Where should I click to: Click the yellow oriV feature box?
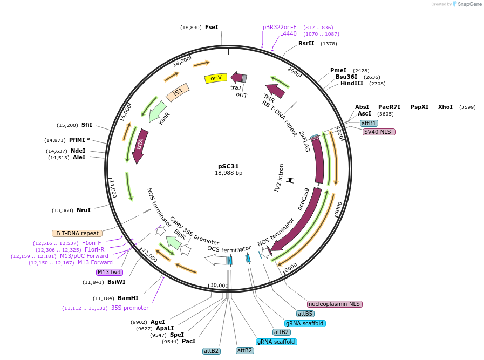[215, 78]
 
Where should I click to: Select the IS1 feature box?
[178, 92]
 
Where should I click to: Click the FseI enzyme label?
[212, 27]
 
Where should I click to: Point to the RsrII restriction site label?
[306, 43]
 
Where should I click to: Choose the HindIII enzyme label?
[352, 84]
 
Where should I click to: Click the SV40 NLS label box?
[379, 132]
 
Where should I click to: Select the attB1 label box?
[369, 124]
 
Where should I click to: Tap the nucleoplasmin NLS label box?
[335, 304]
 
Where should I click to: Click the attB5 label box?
[305, 314]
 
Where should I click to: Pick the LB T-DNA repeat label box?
[76, 233]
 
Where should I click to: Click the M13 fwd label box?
[109, 272]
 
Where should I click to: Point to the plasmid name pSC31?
[228, 166]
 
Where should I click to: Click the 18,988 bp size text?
[228, 173]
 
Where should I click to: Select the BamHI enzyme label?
[128, 298]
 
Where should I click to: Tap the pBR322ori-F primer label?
[280, 27]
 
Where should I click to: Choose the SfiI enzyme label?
[87, 125]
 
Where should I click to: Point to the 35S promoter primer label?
[129, 308]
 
